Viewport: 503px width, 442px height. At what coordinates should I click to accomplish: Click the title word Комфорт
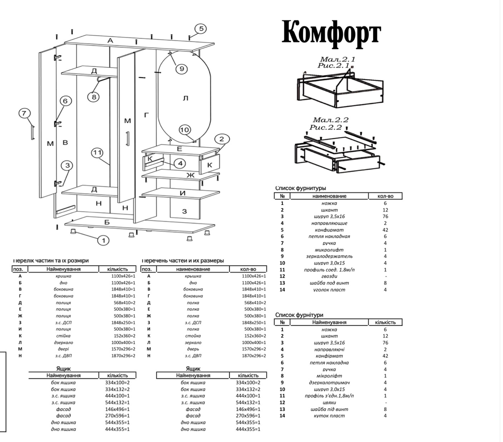tap(331, 33)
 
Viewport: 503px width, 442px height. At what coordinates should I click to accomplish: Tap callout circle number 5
tap(200, 29)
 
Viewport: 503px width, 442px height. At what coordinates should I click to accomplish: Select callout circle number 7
tap(24, 113)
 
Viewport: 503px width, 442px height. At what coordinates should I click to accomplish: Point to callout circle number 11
tap(97, 152)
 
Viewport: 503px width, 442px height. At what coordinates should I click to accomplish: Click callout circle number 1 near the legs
tap(103, 240)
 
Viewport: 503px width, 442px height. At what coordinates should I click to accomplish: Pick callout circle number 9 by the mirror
tap(180, 68)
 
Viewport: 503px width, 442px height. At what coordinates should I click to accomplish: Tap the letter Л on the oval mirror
tap(185, 98)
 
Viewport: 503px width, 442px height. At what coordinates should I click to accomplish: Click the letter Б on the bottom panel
tap(106, 222)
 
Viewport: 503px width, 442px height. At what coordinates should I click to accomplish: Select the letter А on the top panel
tap(110, 40)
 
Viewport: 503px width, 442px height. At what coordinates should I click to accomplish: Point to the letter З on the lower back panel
tap(184, 211)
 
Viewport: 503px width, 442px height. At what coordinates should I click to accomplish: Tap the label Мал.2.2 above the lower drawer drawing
tap(330, 120)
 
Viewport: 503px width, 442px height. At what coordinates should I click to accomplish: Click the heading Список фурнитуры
tap(300, 188)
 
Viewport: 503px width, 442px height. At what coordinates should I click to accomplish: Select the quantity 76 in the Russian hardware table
tap(385, 216)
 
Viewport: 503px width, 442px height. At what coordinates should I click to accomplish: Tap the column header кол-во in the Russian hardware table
tap(385, 196)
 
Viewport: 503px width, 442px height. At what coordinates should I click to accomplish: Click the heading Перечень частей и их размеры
tap(183, 260)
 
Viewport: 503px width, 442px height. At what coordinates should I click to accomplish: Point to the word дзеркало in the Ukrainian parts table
tap(63, 342)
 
